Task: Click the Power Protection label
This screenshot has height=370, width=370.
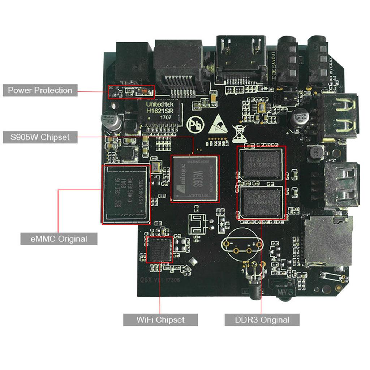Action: coord(40,90)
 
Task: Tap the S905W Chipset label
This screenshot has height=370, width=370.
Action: coord(40,137)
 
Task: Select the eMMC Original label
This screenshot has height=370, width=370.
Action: coord(59,239)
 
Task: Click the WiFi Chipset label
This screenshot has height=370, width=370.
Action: coord(160,320)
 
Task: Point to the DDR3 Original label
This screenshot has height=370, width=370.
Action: coord(262,320)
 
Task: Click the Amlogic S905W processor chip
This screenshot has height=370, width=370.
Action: coord(194,179)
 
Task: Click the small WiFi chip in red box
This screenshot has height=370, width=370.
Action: coord(159,250)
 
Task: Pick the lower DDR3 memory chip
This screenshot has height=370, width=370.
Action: coord(261,201)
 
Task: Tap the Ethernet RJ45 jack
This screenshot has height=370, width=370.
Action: coord(178,65)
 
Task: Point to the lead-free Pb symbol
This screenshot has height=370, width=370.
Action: coord(195,125)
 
